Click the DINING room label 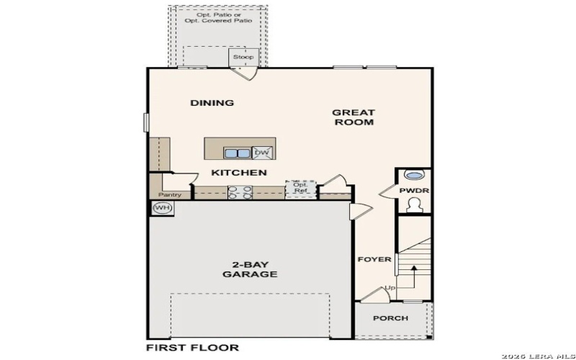click(212, 103)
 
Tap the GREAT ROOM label click(353, 117)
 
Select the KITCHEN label click(239, 173)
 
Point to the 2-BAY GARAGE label click(250, 269)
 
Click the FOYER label click(374, 259)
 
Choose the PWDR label click(414, 191)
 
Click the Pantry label click(170, 194)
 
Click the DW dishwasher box click(262, 153)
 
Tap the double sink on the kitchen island click(236, 153)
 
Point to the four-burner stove click(240, 192)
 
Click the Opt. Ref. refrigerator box click(300, 188)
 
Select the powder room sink click(414, 175)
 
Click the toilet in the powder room click(414, 206)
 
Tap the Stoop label click(243, 56)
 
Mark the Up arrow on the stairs click(414, 277)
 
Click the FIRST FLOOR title click(192, 348)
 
